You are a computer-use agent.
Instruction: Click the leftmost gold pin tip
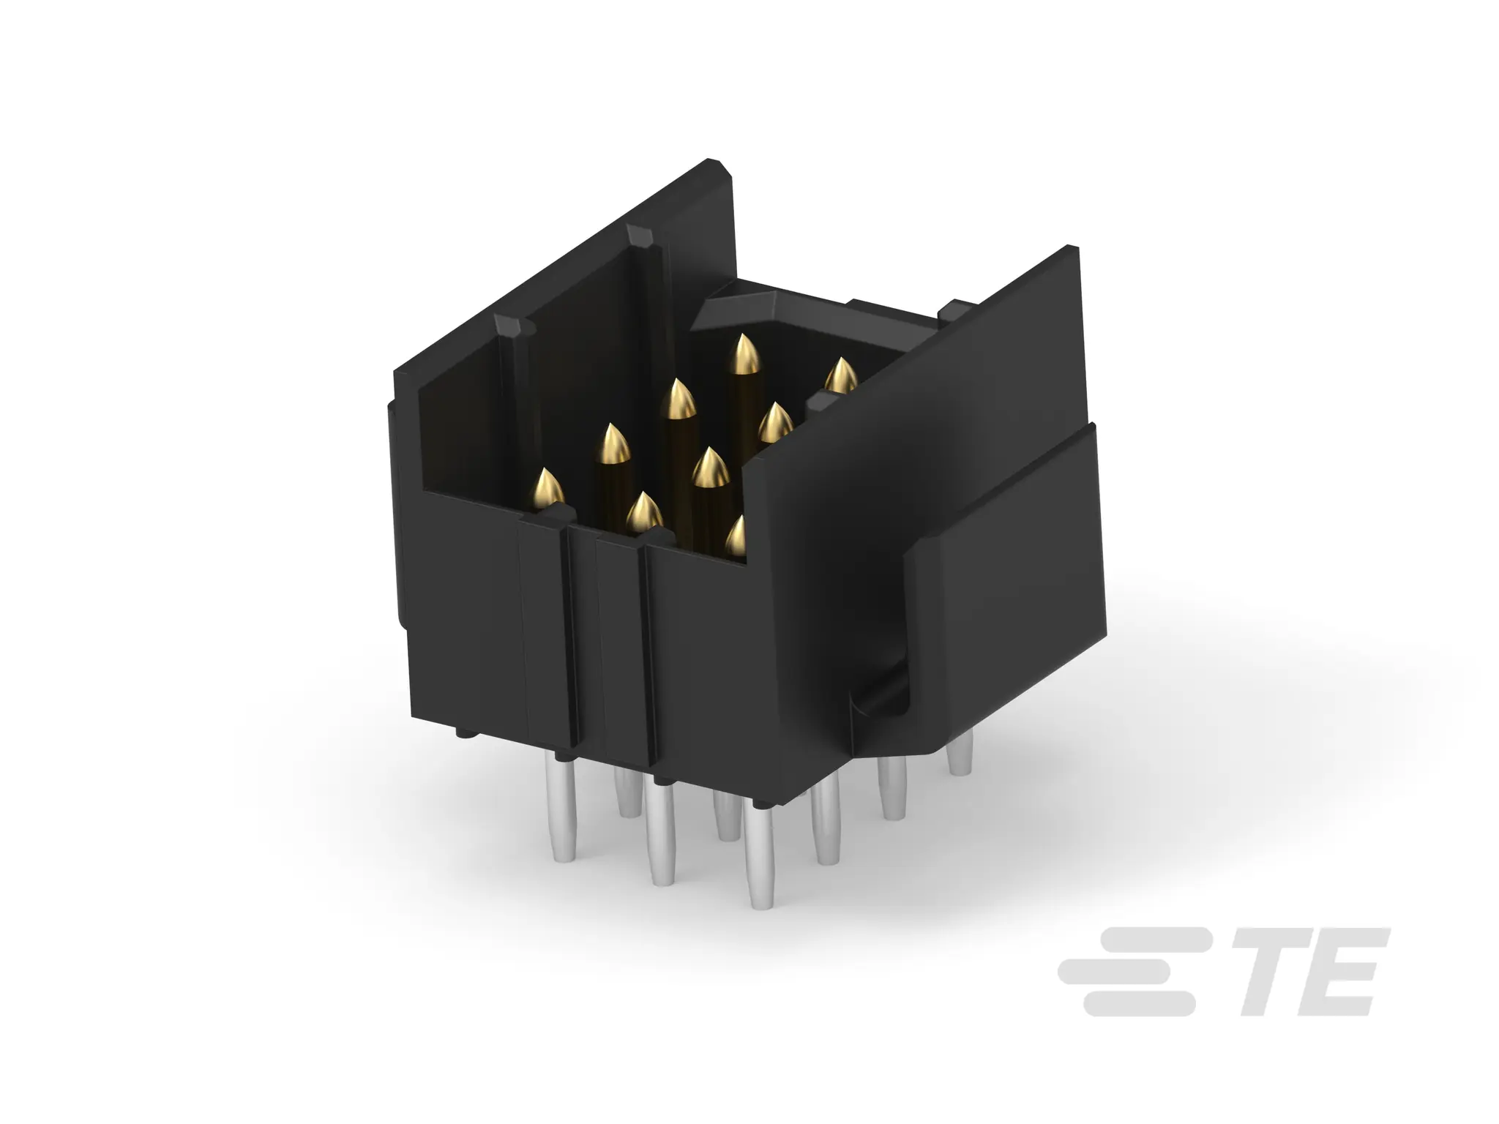click(547, 487)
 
